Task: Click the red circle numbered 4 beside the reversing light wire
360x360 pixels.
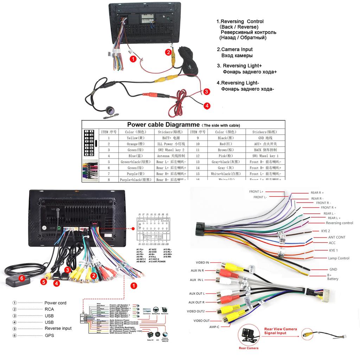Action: click(x=207, y=105)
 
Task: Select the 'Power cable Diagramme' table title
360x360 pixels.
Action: click(x=163, y=124)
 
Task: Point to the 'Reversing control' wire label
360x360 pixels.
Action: click(x=339, y=223)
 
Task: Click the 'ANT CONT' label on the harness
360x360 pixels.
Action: click(x=336, y=237)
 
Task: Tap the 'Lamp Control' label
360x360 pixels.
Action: click(x=339, y=258)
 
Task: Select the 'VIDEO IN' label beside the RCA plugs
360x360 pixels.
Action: click(x=202, y=263)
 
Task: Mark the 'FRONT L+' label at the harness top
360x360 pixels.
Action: click(x=256, y=192)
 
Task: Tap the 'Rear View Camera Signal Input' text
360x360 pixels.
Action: click(x=280, y=331)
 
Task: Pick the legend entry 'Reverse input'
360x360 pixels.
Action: click(x=58, y=328)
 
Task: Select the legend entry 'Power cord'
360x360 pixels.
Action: click(x=55, y=303)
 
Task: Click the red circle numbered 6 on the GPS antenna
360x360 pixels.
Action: click(x=22, y=278)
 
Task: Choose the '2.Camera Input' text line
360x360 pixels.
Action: click(x=234, y=50)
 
